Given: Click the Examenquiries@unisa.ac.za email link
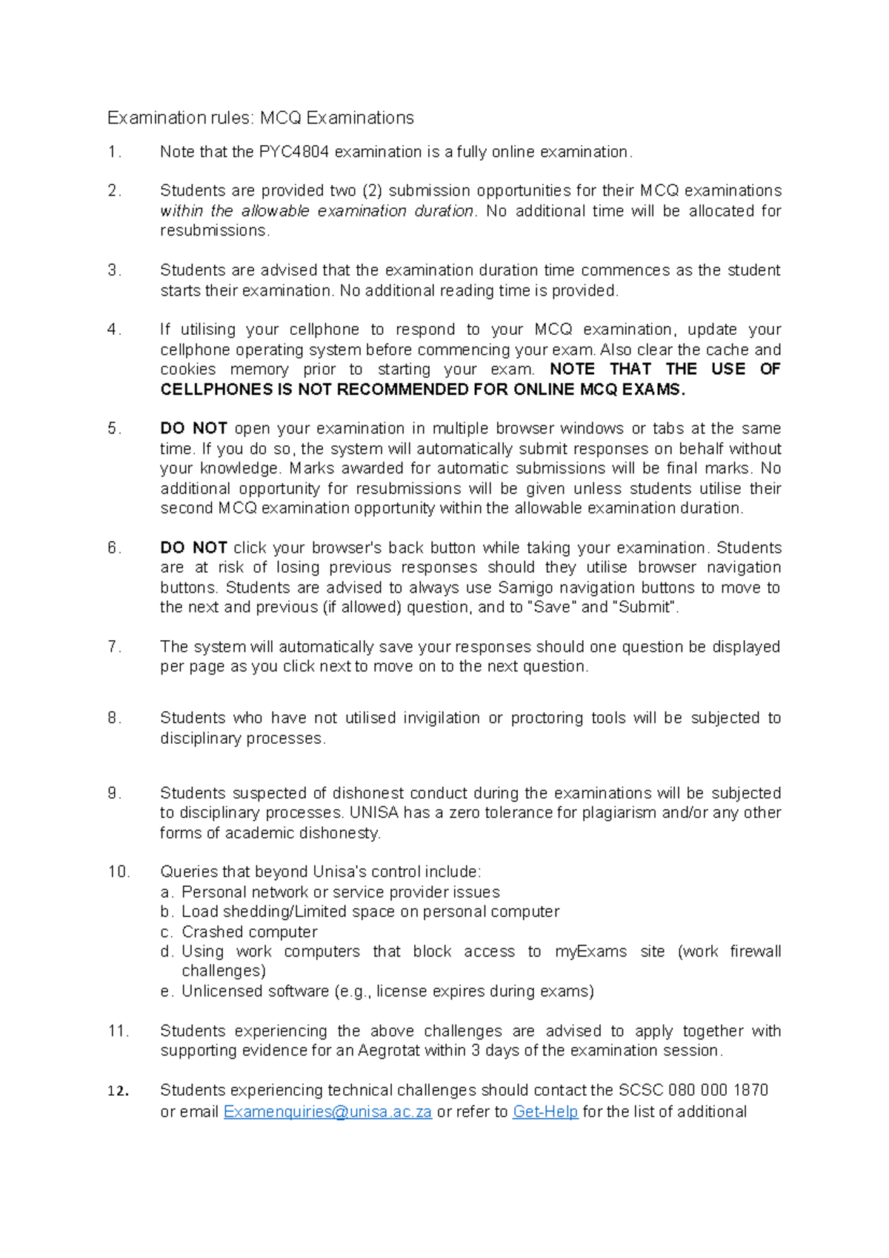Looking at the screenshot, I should click(327, 1111).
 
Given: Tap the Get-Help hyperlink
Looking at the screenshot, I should click(545, 1111).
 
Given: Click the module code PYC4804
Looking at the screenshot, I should click(293, 152).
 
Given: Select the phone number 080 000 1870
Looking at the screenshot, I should click(718, 1090).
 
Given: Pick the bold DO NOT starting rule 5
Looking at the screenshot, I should click(193, 428).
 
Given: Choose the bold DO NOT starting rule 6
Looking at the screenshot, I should click(193, 548).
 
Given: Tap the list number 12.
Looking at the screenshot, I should click(118, 1091).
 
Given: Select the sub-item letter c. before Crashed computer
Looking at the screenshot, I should click(167, 932).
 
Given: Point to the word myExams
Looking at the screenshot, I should click(590, 951).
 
